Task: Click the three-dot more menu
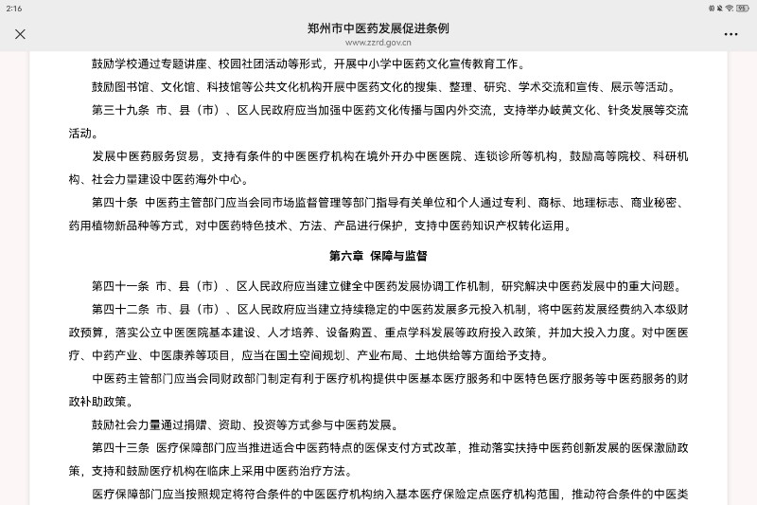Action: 731,34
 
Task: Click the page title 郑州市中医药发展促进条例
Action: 378,28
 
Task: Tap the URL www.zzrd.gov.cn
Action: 378,43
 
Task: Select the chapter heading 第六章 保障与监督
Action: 378,256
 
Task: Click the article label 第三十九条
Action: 120,110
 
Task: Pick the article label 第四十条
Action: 115,203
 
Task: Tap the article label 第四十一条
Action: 120,286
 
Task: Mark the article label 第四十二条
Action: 120,309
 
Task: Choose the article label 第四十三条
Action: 120,447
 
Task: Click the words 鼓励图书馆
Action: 120,87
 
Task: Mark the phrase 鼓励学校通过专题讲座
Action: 159,64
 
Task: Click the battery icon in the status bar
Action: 744,8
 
